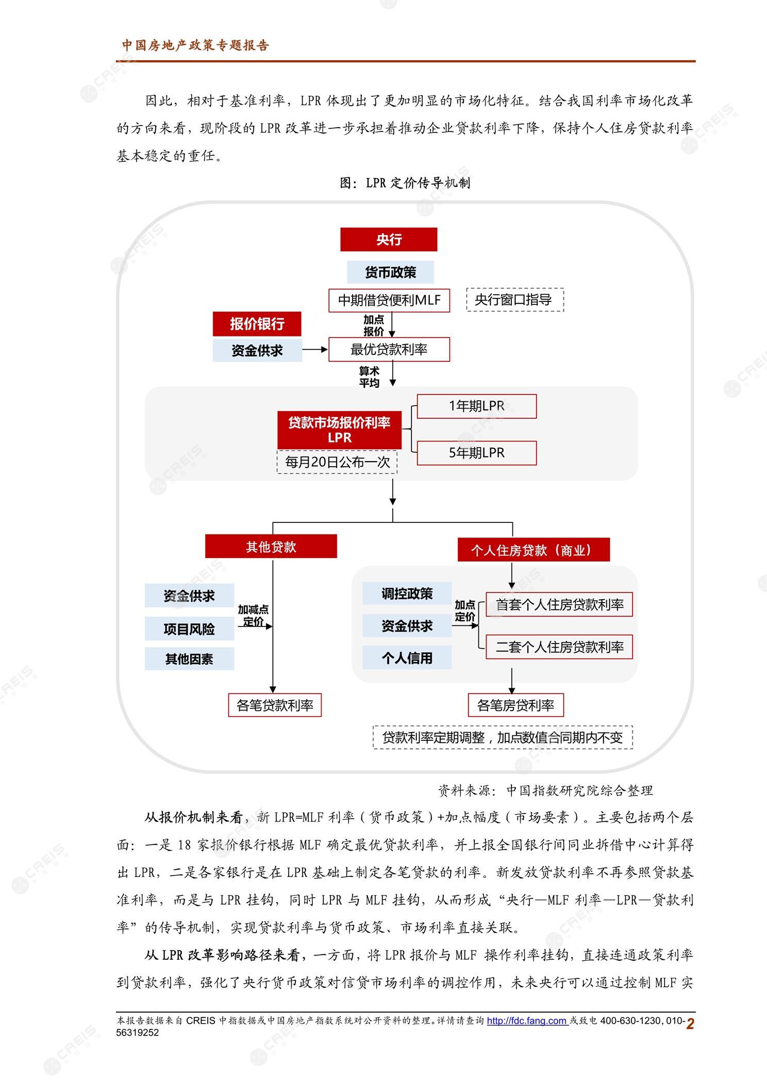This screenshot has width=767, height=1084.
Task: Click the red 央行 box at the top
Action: (389, 240)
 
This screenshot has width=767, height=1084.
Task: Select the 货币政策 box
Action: (390, 272)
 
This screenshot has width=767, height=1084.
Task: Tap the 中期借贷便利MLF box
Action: (389, 300)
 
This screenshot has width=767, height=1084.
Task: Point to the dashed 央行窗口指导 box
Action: (515, 300)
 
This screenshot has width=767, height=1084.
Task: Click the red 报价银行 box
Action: (257, 324)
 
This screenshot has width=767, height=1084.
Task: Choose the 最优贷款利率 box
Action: (389, 349)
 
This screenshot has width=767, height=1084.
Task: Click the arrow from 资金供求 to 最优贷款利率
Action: (315, 349)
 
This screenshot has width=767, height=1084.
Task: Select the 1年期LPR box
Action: (477, 406)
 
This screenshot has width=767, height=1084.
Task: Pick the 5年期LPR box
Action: (477, 453)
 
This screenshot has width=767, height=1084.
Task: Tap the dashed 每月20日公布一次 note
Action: (338, 462)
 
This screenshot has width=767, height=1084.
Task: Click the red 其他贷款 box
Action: (271, 546)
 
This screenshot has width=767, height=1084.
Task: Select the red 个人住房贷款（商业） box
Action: (533, 550)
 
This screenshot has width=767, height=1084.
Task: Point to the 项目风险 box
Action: (189, 629)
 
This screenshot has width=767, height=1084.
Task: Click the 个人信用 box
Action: (407, 657)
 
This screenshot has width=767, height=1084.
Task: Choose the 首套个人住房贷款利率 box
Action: (559, 604)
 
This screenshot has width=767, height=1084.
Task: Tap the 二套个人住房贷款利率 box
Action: (559, 647)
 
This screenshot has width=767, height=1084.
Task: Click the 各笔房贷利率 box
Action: (515, 705)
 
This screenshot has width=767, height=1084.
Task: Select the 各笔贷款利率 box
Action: (275, 705)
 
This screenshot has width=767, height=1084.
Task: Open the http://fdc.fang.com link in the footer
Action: (527, 1021)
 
